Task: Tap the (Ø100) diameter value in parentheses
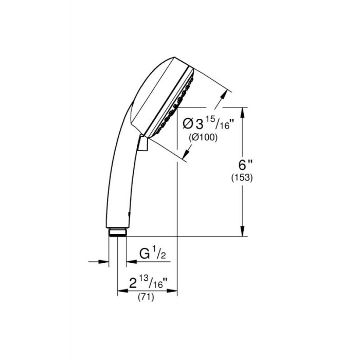coord(203,137)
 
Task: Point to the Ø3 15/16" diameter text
coord(205,123)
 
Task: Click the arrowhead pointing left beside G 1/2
coord(127,262)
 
